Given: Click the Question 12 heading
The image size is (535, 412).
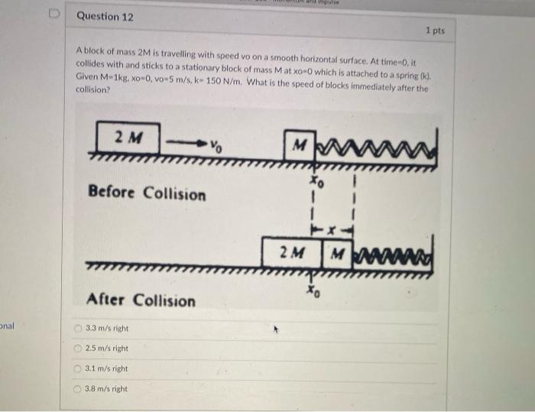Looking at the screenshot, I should click(x=105, y=16).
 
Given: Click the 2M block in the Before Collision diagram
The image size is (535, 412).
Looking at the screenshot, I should click(x=128, y=138).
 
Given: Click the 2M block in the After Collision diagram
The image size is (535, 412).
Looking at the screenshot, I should click(x=291, y=251).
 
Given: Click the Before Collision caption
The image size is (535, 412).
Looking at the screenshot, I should click(x=147, y=193).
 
